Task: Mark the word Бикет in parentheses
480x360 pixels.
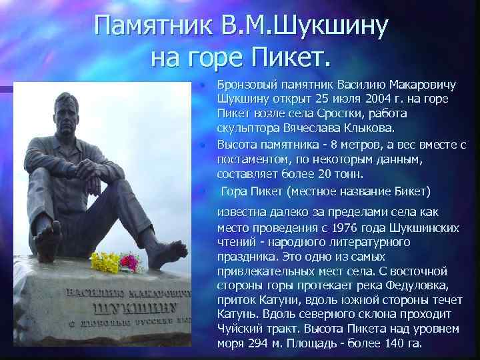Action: coord(407,191)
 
